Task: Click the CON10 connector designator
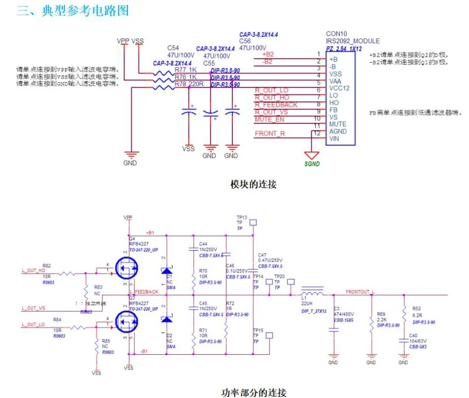click(336, 34)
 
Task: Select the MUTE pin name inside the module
click(338, 124)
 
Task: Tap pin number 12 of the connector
click(317, 133)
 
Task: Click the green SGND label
click(312, 164)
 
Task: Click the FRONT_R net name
click(270, 133)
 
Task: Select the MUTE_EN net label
click(270, 119)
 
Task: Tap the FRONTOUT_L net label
click(360, 292)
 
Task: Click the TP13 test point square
click(253, 223)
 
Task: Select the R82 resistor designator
click(47, 266)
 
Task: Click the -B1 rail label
click(144, 352)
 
